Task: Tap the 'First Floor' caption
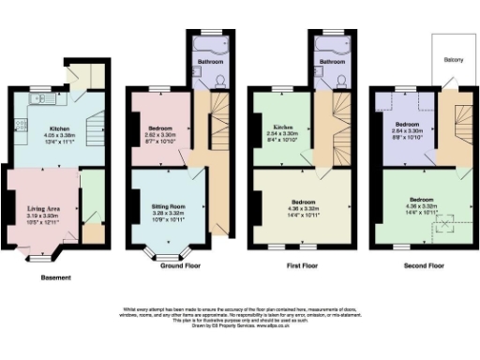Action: pos(301,266)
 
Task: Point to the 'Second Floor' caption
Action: pos(422,266)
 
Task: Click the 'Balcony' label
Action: pos(453,59)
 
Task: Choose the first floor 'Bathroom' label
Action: pos(332,62)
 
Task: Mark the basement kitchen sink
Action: pos(39,97)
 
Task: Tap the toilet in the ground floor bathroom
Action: pos(218,80)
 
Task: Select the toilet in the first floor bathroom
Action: pos(343,80)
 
